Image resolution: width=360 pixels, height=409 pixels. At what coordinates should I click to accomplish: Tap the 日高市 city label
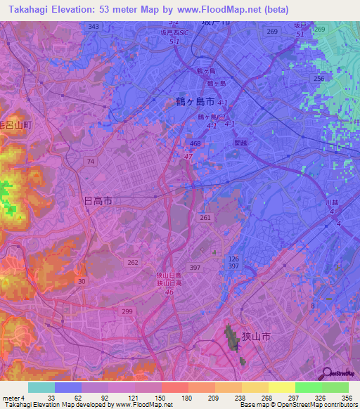pyautogui.click(x=98, y=201)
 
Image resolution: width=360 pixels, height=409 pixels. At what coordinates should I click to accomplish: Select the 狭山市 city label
pyautogui.click(x=256, y=337)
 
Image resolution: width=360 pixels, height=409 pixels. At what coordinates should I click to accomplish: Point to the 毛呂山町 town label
pyautogui.click(x=15, y=124)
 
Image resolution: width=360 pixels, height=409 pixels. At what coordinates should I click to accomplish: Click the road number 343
pyautogui.click(x=94, y=26)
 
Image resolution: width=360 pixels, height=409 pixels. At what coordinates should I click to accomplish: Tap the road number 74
pyautogui.click(x=90, y=162)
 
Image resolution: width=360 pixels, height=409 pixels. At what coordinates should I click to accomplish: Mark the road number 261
pyautogui.click(x=205, y=218)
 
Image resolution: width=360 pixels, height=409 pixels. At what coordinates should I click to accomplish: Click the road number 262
pyautogui.click(x=132, y=262)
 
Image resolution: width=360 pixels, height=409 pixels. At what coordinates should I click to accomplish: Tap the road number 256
pyautogui.click(x=319, y=79)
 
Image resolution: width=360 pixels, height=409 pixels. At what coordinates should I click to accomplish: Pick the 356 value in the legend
pyautogui.click(x=345, y=398)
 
